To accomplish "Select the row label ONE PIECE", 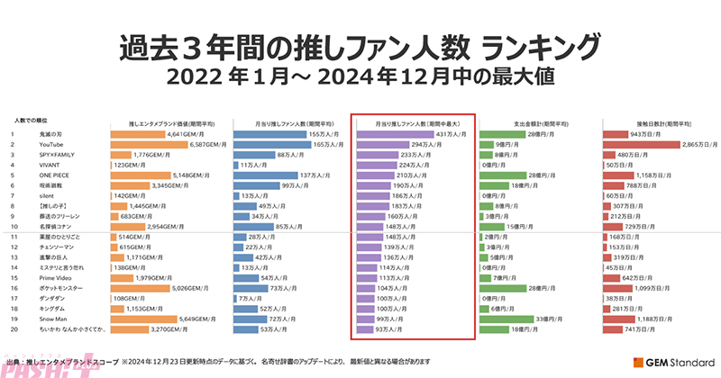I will point(54,175).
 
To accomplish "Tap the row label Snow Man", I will point(52,319).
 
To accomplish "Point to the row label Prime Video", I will point(54,277).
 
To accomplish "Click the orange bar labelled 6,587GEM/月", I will point(150,143).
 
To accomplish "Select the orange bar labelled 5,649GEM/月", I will point(143,319).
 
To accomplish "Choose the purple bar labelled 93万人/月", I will point(366,328).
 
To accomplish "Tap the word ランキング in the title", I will point(541,45).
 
